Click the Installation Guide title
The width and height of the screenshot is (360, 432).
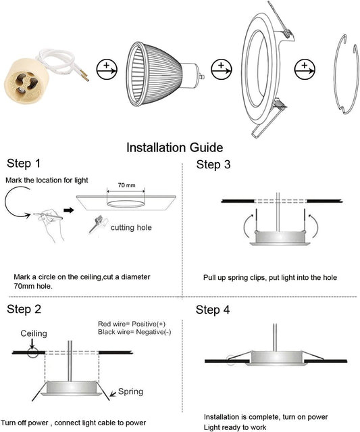click(x=174, y=147)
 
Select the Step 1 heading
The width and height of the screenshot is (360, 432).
click(x=24, y=164)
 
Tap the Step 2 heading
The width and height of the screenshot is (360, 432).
click(x=24, y=310)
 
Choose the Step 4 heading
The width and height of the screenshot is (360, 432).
click(x=213, y=310)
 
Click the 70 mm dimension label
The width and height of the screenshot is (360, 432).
click(x=126, y=185)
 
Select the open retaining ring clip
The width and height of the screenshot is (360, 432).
click(x=345, y=74)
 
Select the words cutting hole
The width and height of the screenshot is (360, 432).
click(x=131, y=228)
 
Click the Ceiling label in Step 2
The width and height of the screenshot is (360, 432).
click(x=34, y=334)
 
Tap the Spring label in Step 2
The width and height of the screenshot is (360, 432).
click(x=130, y=391)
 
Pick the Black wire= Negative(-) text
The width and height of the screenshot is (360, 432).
click(x=134, y=333)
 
